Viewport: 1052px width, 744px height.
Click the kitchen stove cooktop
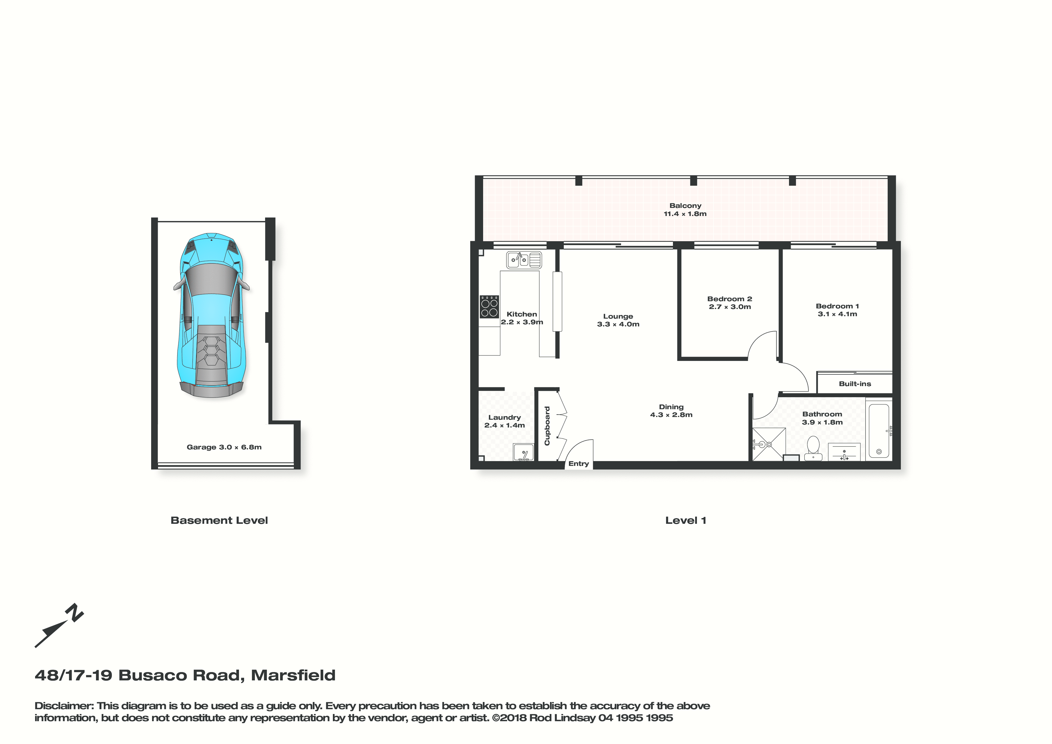click(489, 307)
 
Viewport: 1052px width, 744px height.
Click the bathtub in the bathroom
click(879, 431)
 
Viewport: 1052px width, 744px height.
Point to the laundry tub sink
click(523, 452)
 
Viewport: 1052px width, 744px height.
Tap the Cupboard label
click(547, 426)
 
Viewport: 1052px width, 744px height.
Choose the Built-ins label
click(855, 384)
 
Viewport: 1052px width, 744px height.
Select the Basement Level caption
click(219, 520)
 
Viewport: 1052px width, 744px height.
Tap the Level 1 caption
click(686, 520)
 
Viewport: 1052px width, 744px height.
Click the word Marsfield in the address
click(293, 675)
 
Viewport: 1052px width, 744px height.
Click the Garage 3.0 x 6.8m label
click(224, 447)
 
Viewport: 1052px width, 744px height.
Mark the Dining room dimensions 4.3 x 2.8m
click(671, 415)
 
